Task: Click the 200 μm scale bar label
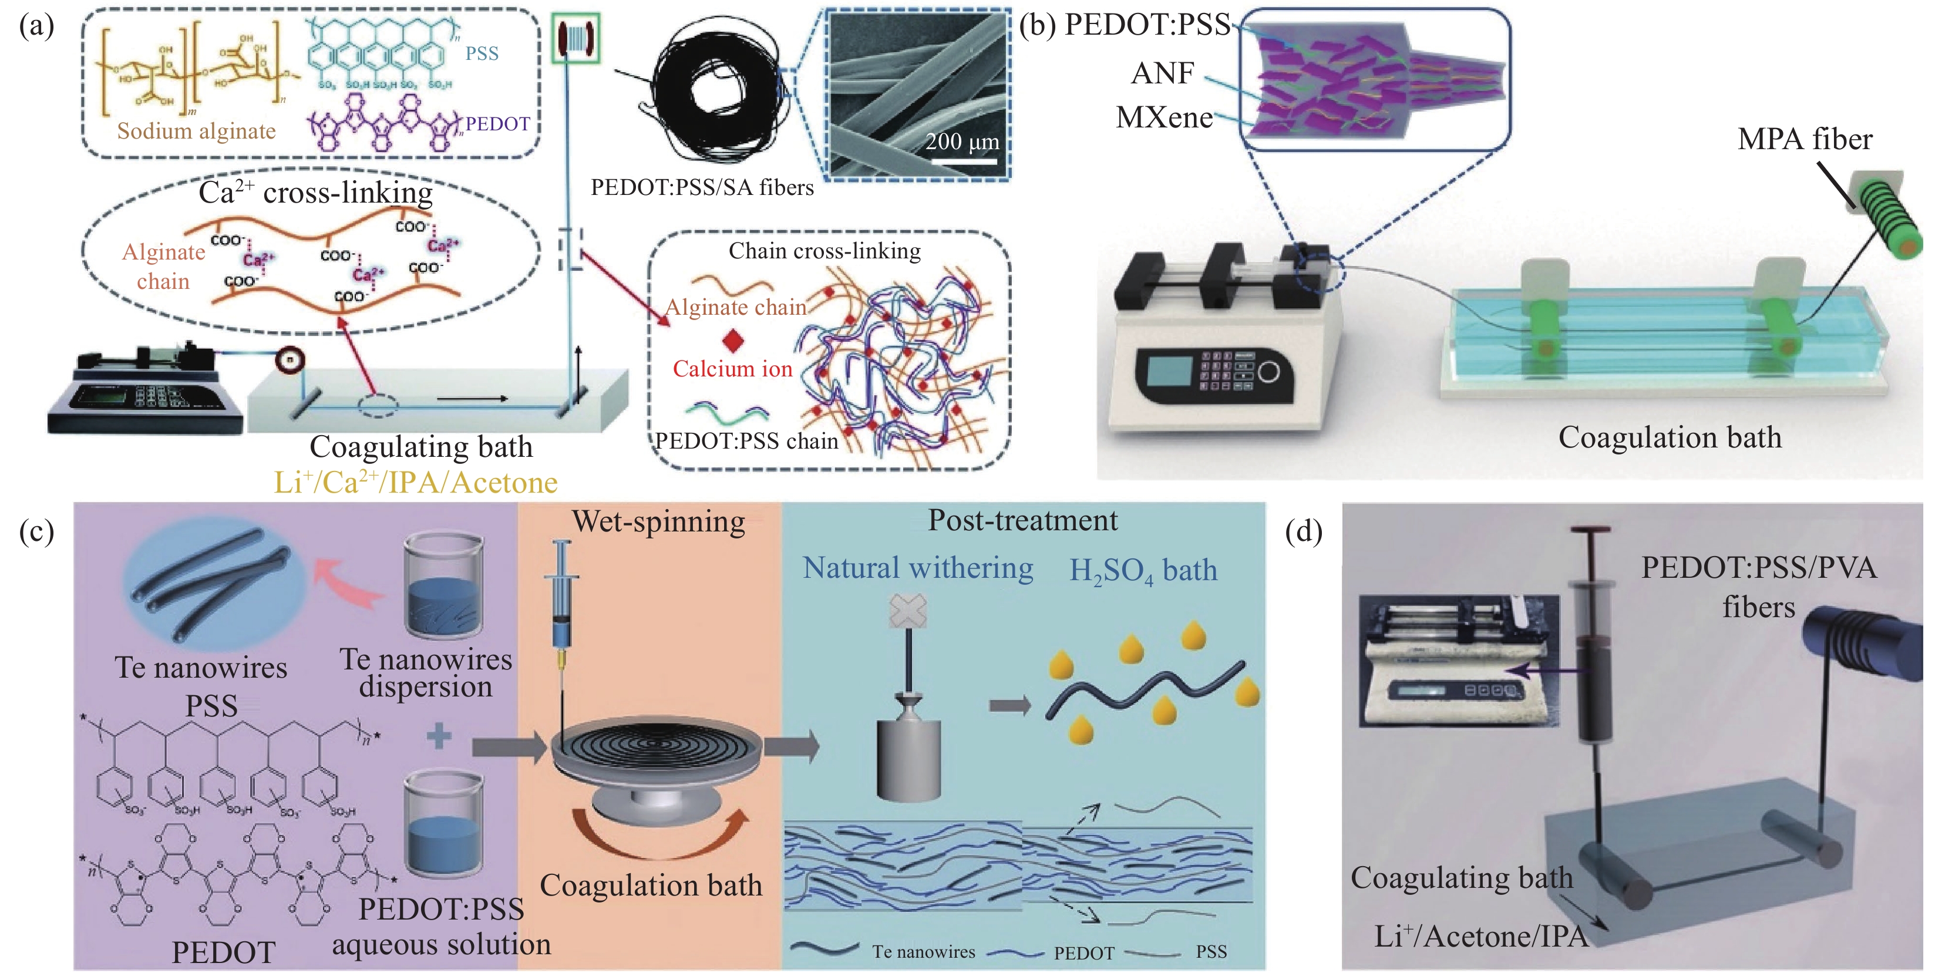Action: (x=961, y=142)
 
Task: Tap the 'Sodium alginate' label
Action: (x=196, y=131)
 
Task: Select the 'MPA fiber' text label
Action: (x=1804, y=139)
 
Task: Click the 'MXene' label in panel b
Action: (x=1164, y=117)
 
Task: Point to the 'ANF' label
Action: (x=1163, y=73)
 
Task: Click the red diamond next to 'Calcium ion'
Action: (x=733, y=341)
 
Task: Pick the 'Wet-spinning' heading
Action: (x=658, y=521)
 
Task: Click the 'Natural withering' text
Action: (x=917, y=568)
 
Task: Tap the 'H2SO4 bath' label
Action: (x=1143, y=571)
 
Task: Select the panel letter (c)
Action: (x=36, y=531)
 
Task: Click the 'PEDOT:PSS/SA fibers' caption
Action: (x=702, y=188)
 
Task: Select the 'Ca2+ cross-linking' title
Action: (x=315, y=193)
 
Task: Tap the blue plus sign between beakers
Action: (x=439, y=735)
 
